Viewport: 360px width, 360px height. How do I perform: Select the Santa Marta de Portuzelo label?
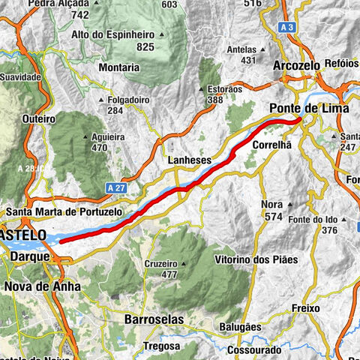pyautogui.click(x=63, y=212)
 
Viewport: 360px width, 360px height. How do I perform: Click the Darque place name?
pyautogui.click(x=30, y=256)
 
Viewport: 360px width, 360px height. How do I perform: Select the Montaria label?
pyautogui.click(x=118, y=67)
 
